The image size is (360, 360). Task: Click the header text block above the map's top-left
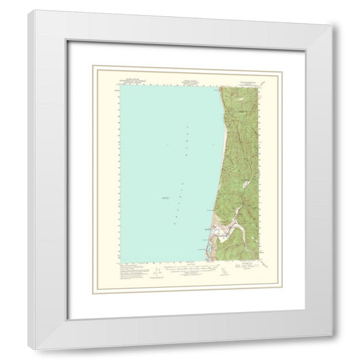[x=134, y=80]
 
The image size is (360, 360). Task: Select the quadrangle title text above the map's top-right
[x=242, y=80]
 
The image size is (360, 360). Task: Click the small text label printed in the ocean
[x=167, y=197]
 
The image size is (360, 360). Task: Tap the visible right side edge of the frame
[x=336, y=182]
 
